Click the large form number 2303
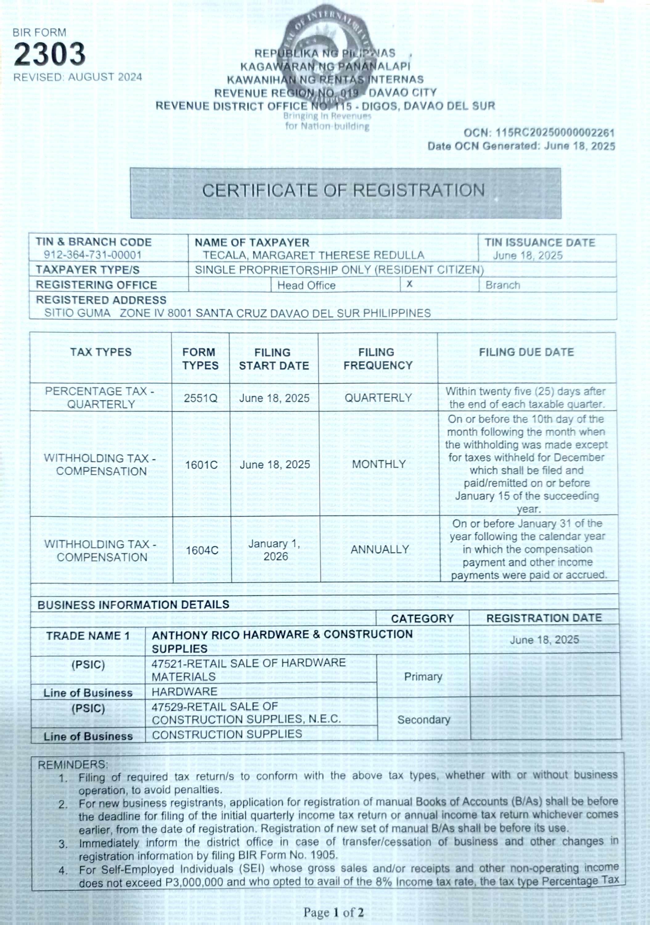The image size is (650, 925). pos(50,54)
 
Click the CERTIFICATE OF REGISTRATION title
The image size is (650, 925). pos(344,191)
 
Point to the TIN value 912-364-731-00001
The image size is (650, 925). pos(93,255)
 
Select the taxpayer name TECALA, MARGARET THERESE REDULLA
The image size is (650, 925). pos(313,255)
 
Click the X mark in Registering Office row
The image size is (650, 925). pos(409,284)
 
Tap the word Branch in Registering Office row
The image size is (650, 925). pos(503,285)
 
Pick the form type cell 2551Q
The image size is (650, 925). pos(201,398)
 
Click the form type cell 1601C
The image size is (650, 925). pos(201,465)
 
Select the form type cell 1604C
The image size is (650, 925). pos(202,550)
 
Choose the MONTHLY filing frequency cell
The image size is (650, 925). pos(378,464)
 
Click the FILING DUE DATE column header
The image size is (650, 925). pos(526,352)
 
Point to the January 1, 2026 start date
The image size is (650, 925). pos(275,550)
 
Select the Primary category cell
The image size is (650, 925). pos(423,677)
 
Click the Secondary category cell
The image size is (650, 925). pos(424,720)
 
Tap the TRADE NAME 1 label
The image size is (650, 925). pos(88,636)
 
